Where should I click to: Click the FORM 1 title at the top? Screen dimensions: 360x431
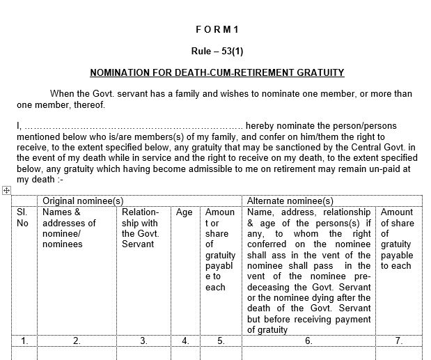pyautogui.click(x=217, y=29)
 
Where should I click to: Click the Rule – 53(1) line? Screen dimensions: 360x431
pyautogui.click(x=217, y=51)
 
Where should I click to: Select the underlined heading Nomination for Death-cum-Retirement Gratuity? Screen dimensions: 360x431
pyautogui.click(x=217, y=72)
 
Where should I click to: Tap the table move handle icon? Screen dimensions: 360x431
pyautogui.click(x=6, y=190)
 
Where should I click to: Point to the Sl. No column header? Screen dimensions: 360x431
pyautogui.click(x=23, y=217)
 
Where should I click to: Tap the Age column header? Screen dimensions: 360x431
pyautogui.click(x=184, y=212)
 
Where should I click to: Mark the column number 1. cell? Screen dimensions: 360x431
pyautogui.click(x=24, y=341)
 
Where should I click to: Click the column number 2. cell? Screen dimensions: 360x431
pyautogui.click(x=77, y=341)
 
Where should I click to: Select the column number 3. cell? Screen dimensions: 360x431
pyautogui.click(x=143, y=341)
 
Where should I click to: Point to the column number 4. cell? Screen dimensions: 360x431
pyautogui.click(x=185, y=341)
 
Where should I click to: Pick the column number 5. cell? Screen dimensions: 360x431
pyautogui.click(x=220, y=341)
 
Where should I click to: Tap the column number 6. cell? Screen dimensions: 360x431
pyautogui.click(x=308, y=341)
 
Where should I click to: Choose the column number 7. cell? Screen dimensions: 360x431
pyautogui.click(x=398, y=341)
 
